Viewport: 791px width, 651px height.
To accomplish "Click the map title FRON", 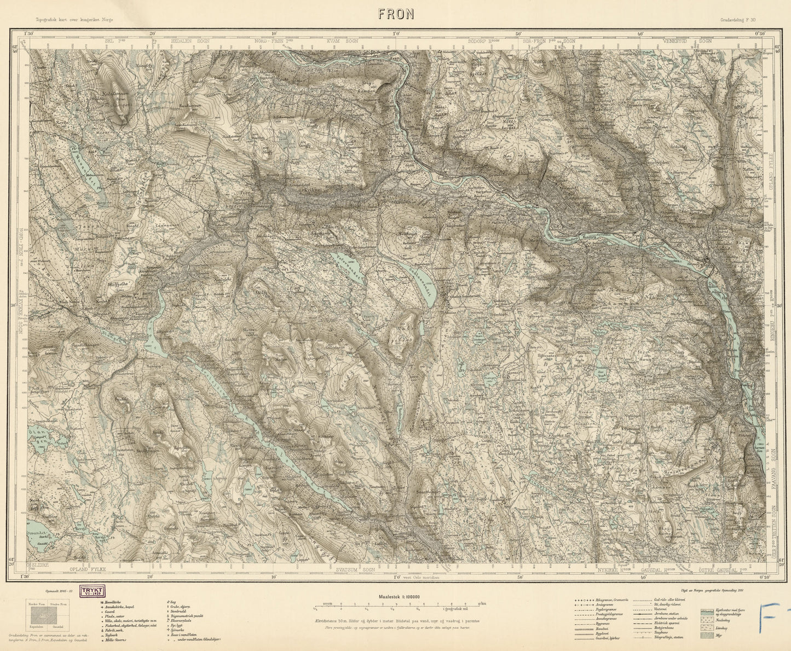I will tap(395, 15).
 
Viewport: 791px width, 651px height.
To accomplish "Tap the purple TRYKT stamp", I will tap(93, 591).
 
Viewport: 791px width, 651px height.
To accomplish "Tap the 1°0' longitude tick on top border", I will tap(396, 34).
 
